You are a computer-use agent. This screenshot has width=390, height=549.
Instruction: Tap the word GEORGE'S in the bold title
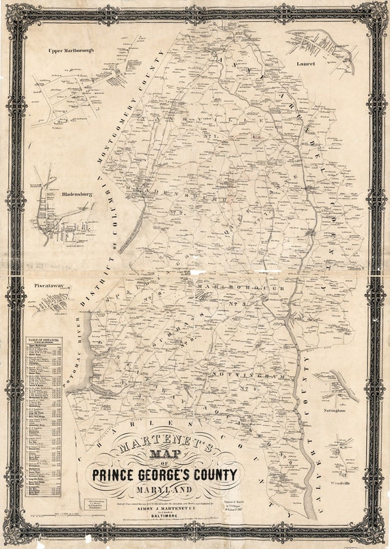coord(164,474)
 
